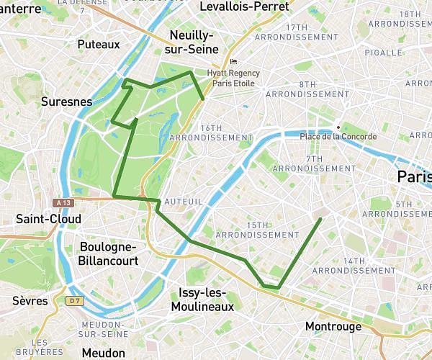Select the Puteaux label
98,45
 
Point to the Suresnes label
67,102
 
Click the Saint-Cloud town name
48,218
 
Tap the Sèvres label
30,300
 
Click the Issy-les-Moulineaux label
202,300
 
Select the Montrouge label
333,326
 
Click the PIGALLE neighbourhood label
403,53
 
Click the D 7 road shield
76,300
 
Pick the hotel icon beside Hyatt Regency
233,63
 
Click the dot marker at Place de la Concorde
336,127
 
